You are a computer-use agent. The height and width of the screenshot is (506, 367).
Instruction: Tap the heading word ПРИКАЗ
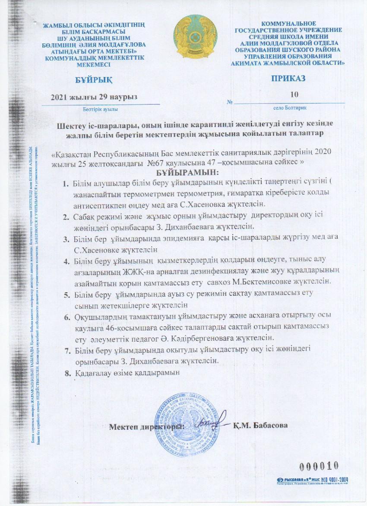point(288,78)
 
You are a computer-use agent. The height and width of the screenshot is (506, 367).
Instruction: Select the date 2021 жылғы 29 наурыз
point(94,97)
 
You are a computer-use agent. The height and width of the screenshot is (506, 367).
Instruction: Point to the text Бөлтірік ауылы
point(95,109)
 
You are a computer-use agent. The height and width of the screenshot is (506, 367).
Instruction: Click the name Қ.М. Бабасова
point(260,425)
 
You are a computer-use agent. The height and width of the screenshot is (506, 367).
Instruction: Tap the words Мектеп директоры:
point(147,426)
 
